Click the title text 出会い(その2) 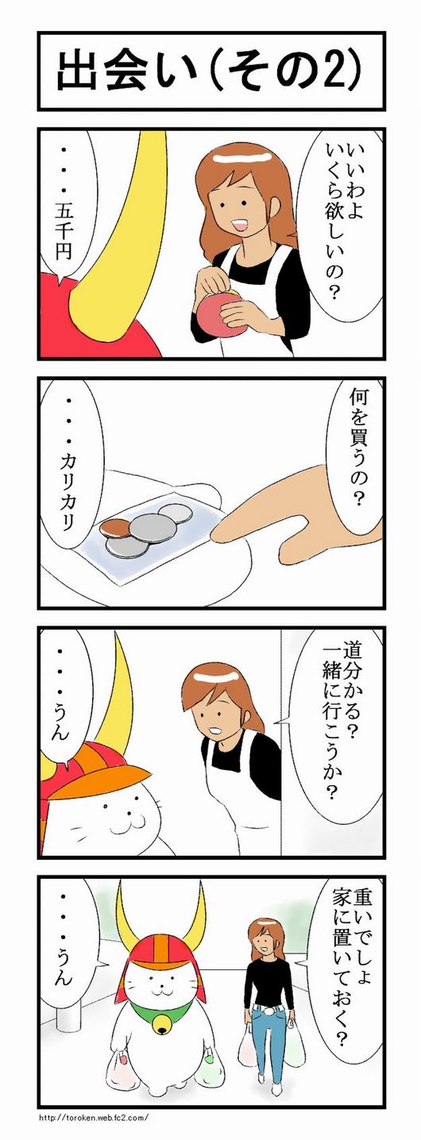210,71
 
